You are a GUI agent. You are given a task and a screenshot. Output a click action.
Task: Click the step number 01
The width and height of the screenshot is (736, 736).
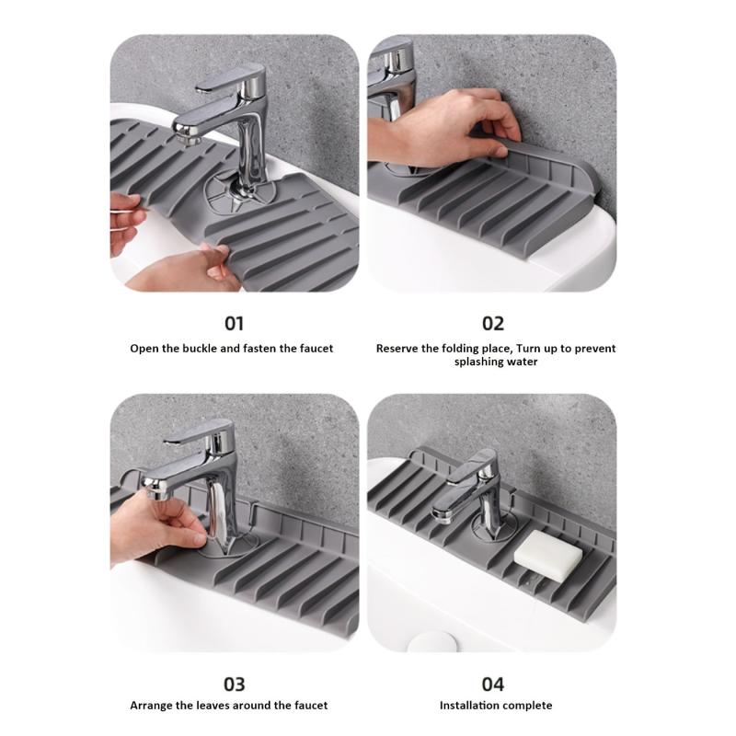point(235,323)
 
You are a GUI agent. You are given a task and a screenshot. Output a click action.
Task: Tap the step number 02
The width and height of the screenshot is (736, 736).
point(493,323)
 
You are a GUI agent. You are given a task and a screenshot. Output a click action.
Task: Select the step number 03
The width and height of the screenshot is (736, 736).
point(235,684)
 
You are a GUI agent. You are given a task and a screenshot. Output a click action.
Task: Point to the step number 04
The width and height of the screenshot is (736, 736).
point(493,684)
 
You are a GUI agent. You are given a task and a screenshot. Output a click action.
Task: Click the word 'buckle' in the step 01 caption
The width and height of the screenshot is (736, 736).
point(206,349)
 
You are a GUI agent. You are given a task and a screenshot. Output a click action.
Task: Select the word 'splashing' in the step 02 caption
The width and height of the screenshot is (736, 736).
point(481,362)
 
